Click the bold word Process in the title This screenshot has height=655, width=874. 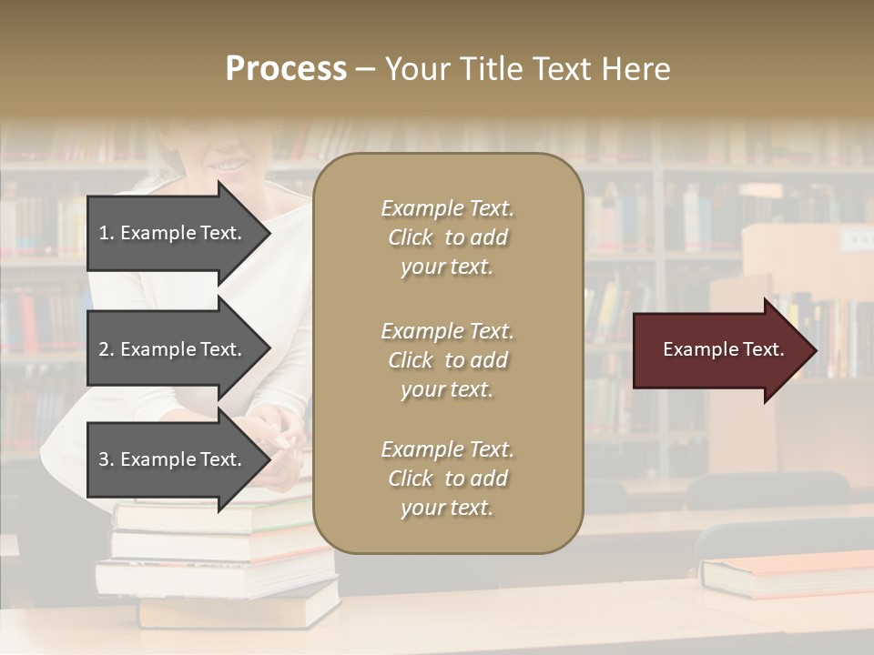point(286,69)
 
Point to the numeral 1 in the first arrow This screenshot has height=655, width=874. point(103,233)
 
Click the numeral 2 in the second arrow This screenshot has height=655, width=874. point(104,349)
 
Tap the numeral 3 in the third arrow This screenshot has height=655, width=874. point(104,459)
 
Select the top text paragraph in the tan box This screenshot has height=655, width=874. point(447,237)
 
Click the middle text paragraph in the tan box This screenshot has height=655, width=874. point(447,360)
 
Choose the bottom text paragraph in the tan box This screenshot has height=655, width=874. point(447,479)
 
